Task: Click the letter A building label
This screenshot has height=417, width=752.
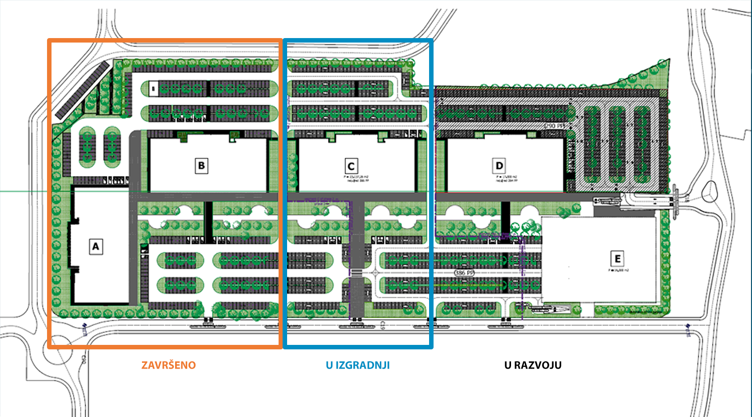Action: pyautogui.click(x=95, y=246)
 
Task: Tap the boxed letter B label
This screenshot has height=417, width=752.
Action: pyautogui.click(x=202, y=166)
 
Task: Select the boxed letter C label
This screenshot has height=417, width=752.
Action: pyautogui.click(x=351, y=166)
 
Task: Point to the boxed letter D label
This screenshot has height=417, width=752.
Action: pyautogui.click(x=499, y=166)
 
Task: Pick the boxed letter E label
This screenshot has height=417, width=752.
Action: pyautogui.click(x=618, y=258)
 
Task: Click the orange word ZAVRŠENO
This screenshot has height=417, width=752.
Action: pyautogui.click(x=168, y=365)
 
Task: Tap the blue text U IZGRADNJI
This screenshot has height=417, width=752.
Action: pyautogui.click(x=358, y=365)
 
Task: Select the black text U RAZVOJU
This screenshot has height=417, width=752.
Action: pyautogui.click(x=533, y=365)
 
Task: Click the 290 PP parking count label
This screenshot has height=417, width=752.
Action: pyautogui.click(x=554, y=126)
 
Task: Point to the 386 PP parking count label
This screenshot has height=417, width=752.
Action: pyautogui.click(x=464, y=273)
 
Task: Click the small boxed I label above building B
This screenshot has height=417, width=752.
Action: pyautogui.click(x=153, y=88)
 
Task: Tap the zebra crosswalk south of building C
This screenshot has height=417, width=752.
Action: pyautogui.click(x=356, y=273)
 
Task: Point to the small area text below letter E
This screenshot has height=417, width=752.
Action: pyautogui.click(x=618, y=270)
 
